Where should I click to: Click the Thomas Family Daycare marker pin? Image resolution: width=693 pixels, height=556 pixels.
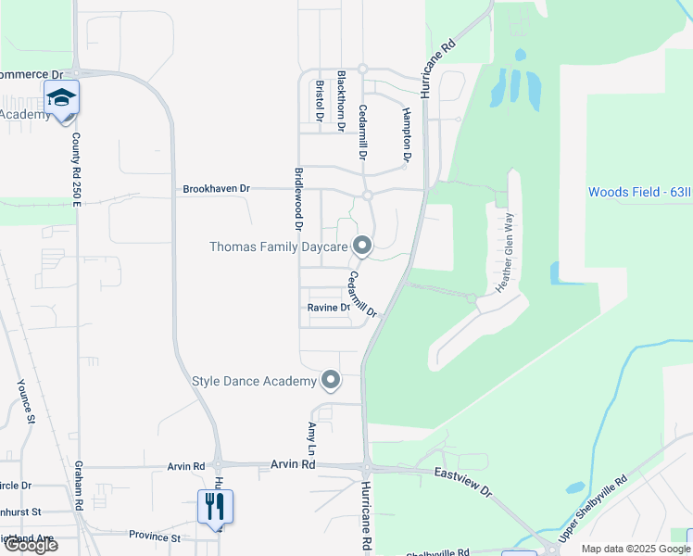[362, 246]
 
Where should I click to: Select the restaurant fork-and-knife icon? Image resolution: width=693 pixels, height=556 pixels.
[215, 507]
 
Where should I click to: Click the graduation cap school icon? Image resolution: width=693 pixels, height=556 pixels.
[61, 97]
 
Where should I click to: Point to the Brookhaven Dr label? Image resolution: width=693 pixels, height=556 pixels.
[217, 188]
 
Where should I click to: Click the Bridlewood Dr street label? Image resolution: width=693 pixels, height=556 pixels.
[298, 199]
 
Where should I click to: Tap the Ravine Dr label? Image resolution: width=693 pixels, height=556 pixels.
[329, 307]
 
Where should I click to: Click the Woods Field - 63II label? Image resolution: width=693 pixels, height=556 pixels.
[639, 192]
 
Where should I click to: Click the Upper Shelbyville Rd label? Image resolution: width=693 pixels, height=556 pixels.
[593, 510]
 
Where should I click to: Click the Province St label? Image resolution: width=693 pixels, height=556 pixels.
[154, 537]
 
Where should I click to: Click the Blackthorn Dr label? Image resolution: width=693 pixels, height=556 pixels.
[341, 99]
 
